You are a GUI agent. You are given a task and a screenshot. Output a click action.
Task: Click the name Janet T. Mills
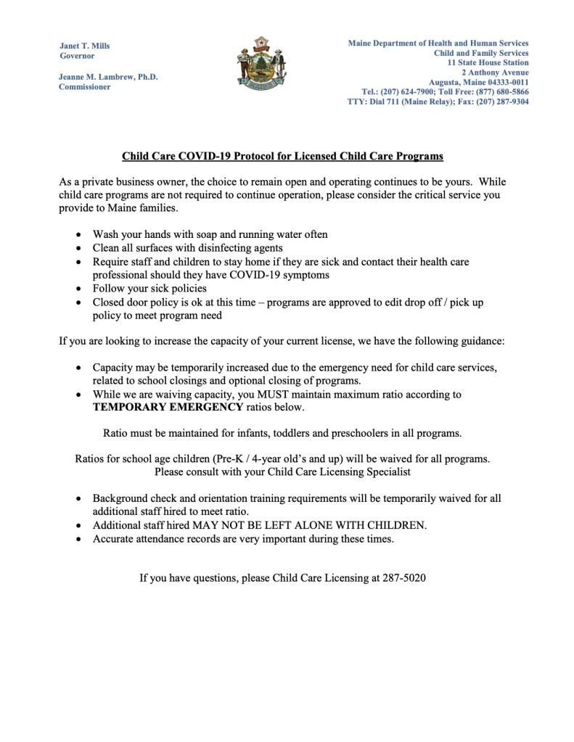[x=85, y=45]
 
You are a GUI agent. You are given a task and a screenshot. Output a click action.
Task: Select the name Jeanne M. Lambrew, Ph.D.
[x=108, y=76]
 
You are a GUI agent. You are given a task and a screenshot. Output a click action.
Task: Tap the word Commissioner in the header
[x=84, y=87]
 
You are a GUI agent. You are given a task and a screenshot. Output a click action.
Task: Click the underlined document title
[x=282, y=156]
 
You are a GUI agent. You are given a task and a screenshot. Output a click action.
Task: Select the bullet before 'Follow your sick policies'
[x=78, y=289]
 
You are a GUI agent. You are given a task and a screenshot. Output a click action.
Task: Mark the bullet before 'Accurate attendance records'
[x=78, y=539]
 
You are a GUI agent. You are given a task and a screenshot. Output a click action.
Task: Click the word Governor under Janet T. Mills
[x=77, y=55]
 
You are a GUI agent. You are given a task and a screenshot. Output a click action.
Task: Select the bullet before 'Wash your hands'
[x=78, y=235]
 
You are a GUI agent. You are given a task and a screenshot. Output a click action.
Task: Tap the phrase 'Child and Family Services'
[x=481, y=53]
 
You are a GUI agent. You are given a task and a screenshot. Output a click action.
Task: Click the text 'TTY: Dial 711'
[x=377, y=102]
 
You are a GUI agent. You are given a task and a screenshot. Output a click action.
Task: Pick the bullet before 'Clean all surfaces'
[x=78, y=249]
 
